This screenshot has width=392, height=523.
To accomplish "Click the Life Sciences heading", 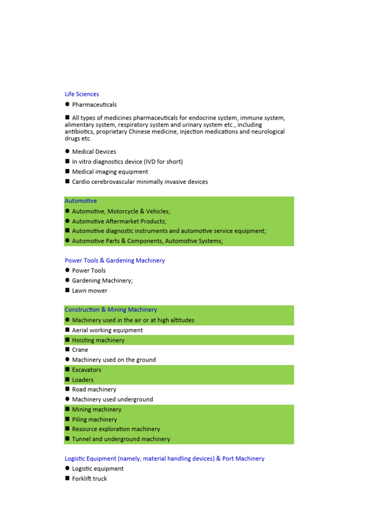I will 82,94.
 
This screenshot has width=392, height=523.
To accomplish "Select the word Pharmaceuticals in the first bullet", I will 94,105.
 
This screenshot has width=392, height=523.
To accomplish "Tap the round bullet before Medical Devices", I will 67,152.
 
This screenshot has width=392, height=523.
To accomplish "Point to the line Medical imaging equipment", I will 110,172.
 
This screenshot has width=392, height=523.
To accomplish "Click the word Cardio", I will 81,182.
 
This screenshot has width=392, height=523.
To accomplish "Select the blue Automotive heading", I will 81,201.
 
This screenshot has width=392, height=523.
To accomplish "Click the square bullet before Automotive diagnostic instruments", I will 67,231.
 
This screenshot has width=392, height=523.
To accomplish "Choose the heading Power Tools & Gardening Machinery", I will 115,260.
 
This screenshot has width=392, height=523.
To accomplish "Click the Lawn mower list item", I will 89,291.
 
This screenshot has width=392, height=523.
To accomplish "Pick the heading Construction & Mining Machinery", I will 111,310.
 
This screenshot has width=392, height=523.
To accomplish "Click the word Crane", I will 80,350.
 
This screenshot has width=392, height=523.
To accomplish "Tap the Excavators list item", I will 87,370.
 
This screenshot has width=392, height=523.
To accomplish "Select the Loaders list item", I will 83,380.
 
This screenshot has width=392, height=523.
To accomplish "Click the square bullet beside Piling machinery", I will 67,419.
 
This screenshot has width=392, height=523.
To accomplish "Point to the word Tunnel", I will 81,439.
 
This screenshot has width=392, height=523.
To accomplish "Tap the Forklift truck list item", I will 89,479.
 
